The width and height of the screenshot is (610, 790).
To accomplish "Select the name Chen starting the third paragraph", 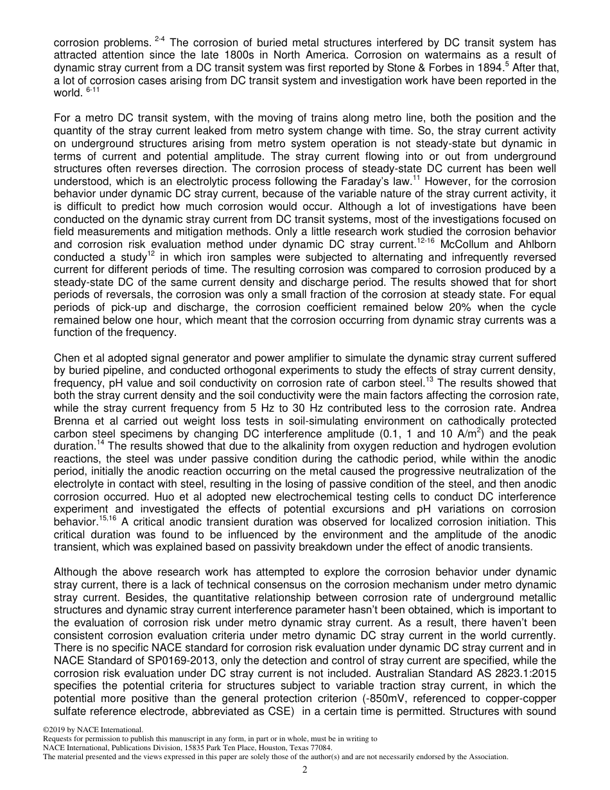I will tap(66, 358).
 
